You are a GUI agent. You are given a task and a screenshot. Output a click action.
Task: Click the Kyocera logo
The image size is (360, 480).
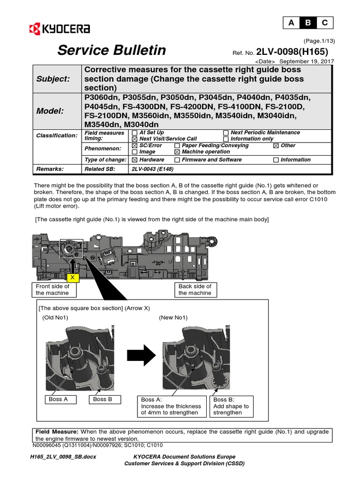(60, 29)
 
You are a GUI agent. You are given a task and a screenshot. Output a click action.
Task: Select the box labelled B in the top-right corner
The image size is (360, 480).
(308, 22)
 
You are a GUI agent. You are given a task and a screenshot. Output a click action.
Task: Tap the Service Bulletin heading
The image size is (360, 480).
(112, 50)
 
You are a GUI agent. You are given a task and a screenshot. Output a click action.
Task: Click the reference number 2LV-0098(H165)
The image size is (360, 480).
(295, 52)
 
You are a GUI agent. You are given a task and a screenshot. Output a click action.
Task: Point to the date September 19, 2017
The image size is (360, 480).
(308, 61)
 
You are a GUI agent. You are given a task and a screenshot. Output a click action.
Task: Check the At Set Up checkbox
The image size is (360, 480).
(135, 133)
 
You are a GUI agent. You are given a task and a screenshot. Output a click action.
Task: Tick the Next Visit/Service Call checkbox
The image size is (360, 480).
(135, 139)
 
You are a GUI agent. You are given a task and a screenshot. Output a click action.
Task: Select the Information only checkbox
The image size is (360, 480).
(226, 139)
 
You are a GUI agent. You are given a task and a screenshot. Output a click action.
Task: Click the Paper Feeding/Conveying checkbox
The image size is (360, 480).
(177, 146)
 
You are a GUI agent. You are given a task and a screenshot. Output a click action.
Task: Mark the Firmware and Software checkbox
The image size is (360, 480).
(177, 160)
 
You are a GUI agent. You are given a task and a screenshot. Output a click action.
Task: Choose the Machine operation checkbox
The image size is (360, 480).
(177, 152)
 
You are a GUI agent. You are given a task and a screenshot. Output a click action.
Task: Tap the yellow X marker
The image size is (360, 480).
(73, 278)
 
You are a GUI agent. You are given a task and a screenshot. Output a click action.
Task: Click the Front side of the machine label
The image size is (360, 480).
(52, 289)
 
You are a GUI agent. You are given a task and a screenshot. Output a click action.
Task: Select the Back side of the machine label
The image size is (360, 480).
(195, 289)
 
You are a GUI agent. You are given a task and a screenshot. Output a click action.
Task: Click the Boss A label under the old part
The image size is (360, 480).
(59, 399)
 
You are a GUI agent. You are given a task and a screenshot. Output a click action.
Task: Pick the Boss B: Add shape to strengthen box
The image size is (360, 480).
(233, 406)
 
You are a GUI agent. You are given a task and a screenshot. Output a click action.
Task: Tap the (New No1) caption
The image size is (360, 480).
(173, 317)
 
